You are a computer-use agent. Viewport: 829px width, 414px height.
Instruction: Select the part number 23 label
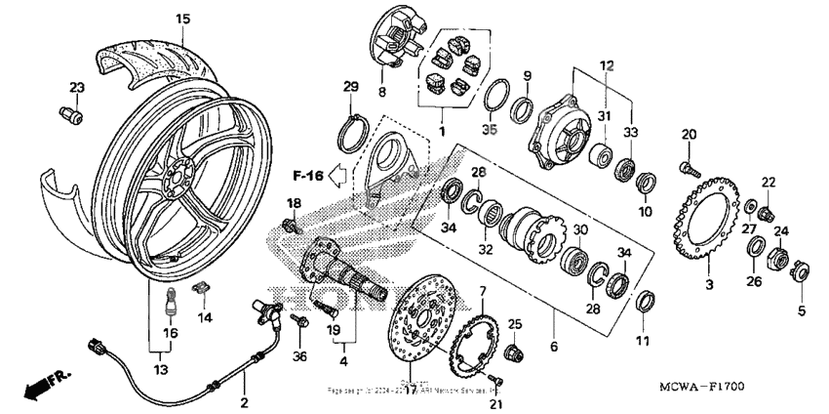(x=76, y=87)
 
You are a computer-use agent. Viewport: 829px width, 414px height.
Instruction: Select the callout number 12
(x=607, y=64)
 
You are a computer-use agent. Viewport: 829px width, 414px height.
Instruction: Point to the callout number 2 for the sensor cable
(x=245, y=402)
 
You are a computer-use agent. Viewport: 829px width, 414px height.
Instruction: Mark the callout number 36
(x=299, y=355)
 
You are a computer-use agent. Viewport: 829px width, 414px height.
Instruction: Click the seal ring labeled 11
(x=643, y=299)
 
